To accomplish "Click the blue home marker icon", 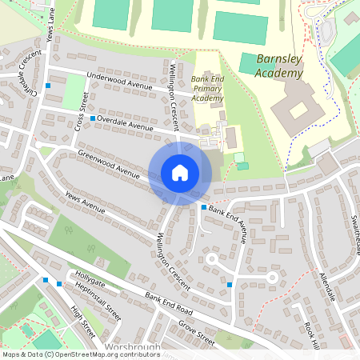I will [x=180, y=173].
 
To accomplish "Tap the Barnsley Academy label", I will [x=280, y=66].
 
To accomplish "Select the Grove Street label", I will [x=197, y=333].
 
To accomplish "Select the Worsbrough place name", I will [x=133, y=348].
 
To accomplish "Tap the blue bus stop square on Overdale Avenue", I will [x=93, y=118].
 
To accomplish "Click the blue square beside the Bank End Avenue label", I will [x=204, y=207].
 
